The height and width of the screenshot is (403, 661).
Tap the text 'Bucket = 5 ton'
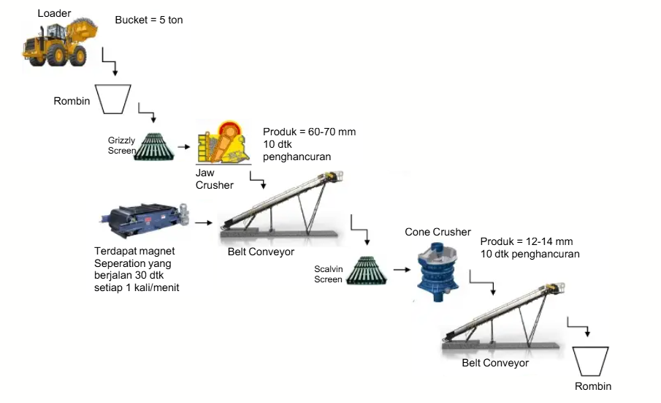click(149, 20)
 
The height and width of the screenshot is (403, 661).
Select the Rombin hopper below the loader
click(113, 99)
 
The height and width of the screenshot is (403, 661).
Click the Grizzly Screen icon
click(154, 146)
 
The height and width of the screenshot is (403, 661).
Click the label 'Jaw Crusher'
click(214, 179)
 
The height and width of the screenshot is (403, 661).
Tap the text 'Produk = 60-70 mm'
click(309, 132)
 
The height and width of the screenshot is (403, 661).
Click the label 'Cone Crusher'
click(438, 232)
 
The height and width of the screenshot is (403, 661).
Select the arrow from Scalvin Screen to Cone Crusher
click(400, 269)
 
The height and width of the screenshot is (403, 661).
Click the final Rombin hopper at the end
click(592, 361)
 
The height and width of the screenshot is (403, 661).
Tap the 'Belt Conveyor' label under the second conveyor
click(495, 363)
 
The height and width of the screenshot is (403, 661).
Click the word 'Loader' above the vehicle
click(54, 13)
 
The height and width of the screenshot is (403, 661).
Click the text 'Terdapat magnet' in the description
click(134, 251)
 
